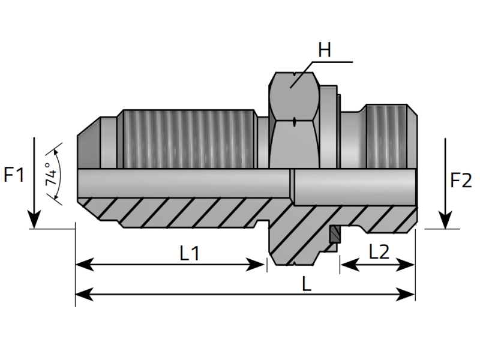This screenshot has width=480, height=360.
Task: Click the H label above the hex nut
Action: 325,50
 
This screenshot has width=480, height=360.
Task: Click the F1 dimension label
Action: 14,175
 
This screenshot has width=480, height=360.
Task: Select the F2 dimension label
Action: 461,180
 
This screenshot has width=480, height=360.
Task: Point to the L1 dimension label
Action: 190,253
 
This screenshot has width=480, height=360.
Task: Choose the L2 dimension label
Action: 378,251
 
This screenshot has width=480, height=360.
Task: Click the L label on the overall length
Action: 306,284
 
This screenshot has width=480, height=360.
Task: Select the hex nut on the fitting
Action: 294,120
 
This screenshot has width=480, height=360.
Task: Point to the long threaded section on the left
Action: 186,138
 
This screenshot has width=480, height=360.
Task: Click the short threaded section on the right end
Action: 390,135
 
